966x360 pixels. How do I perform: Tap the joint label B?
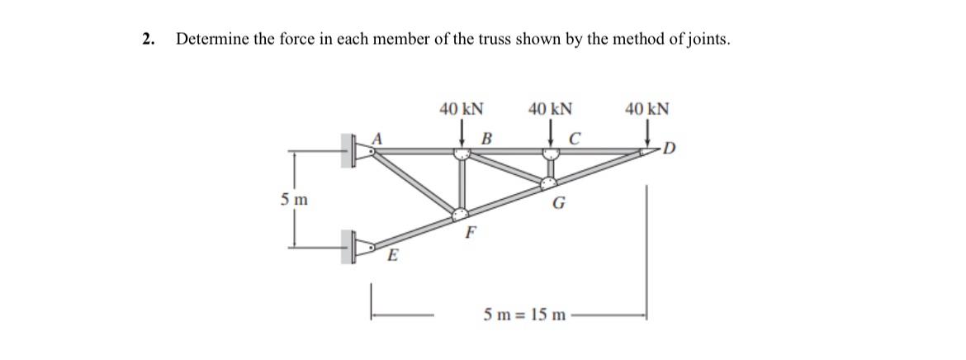pos(486,136)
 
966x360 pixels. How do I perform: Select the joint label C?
pos(576,136)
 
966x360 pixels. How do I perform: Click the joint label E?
pos(393,256)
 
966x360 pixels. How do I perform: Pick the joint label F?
pos(470,232)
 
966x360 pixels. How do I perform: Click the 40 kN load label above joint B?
pos(462,108)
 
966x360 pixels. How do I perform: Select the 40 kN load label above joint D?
pos(647,108)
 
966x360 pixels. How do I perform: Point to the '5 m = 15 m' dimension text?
pos(524,315)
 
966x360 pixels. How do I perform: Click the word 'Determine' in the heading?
pos(211,39)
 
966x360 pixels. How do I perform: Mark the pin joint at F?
pos(461,213)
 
